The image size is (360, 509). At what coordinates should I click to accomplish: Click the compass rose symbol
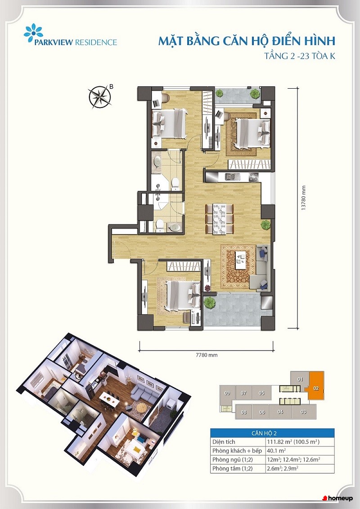[99, 96]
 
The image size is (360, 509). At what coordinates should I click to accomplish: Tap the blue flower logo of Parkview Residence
[33, 33]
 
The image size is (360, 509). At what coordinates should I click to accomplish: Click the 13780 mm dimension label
[303, 198]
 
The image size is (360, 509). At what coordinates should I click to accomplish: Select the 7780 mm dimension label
[207, 355]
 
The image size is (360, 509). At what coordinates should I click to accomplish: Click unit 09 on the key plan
[227, 393]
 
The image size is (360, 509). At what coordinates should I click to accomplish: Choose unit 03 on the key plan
[303, 412]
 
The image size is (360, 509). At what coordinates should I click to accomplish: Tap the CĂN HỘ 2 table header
[272, 433]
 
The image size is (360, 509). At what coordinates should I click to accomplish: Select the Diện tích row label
[224, 442]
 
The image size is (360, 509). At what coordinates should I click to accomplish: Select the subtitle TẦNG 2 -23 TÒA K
[300, 56]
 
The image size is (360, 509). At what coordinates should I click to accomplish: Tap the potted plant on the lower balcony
[210, 302]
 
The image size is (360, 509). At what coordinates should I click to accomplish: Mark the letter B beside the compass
[111, 87]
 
